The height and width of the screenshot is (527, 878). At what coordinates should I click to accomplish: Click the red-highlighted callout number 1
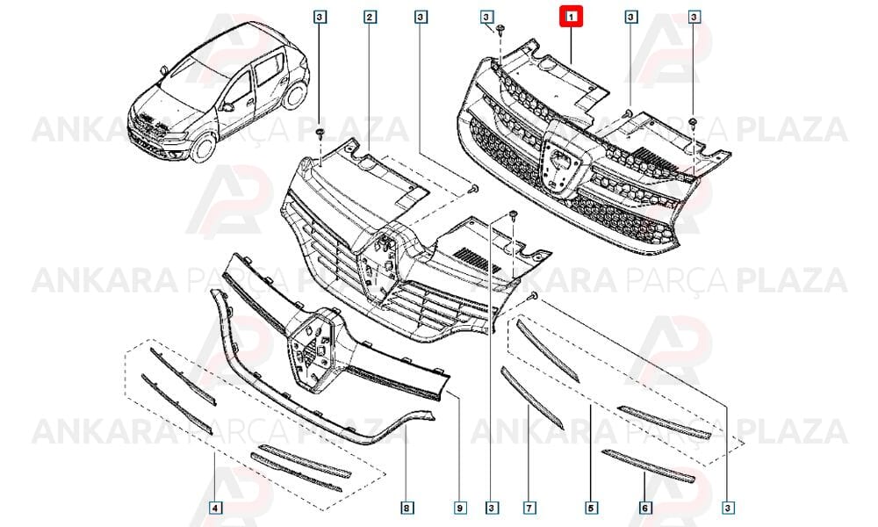571,17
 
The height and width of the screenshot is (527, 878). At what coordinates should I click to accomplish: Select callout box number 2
369,17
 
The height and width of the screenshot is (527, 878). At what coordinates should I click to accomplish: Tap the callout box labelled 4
215,508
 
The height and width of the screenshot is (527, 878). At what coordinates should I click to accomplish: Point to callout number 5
590,508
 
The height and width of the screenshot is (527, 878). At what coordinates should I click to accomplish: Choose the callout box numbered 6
645,508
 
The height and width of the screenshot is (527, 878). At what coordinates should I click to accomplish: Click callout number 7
529,508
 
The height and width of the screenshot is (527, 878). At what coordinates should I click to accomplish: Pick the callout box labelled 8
406,508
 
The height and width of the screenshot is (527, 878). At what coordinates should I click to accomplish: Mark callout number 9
459,508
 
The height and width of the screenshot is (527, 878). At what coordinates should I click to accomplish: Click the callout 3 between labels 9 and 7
491,508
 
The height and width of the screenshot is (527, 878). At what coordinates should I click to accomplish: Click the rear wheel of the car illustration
294,95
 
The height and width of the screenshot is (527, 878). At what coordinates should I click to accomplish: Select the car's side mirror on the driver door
228,106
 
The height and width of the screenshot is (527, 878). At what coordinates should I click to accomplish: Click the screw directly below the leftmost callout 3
320,134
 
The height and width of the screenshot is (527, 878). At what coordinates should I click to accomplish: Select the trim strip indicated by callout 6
648,466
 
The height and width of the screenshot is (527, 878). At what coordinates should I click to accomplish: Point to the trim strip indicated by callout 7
532,398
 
